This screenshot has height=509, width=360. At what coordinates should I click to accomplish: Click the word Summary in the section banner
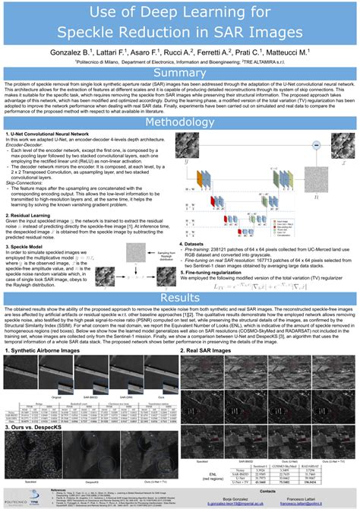[x=180, y=73]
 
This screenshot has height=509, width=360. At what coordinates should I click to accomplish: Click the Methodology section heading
[x=180, y=122]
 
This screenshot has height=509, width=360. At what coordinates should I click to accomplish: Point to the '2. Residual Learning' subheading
[x=30, y=214]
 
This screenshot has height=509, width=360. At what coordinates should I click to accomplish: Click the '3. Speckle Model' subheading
[x=27, y=245]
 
